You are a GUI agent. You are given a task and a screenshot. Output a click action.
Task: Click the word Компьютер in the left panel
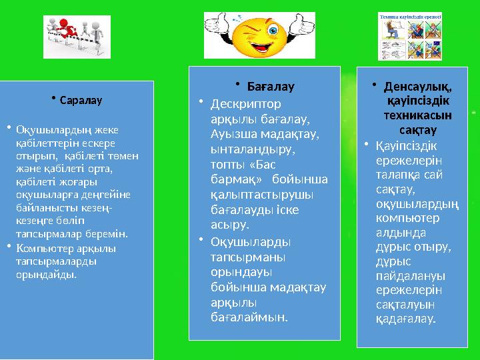pos(41,249)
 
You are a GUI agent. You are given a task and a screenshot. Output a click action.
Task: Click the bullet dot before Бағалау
pos(237,84)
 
